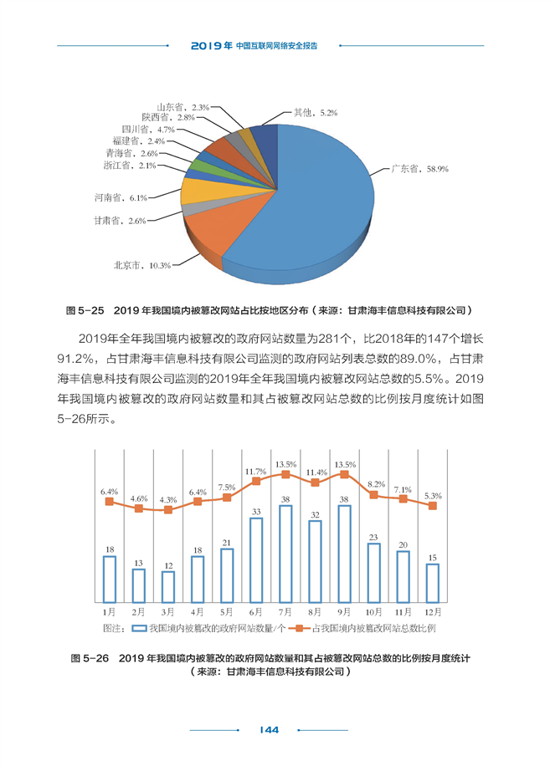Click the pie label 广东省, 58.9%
click(419, 169)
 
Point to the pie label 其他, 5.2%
click(316, 113)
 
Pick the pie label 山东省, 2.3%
click(183, 107)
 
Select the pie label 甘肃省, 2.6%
click(120, 221)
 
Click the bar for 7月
click(285, 554)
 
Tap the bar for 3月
click(168, 587)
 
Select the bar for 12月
click(432, 583)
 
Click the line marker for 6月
click(256, 481)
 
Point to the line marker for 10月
click(373, 495)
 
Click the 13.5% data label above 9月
click(345, 465)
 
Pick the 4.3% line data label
click(168, 499)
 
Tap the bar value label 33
click(256, 512)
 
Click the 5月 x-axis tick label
click(227, 612)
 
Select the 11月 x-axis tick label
click(403, 612)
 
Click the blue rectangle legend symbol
click(139, 628)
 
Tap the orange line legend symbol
click(299, 628)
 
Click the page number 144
click(269, 730)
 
